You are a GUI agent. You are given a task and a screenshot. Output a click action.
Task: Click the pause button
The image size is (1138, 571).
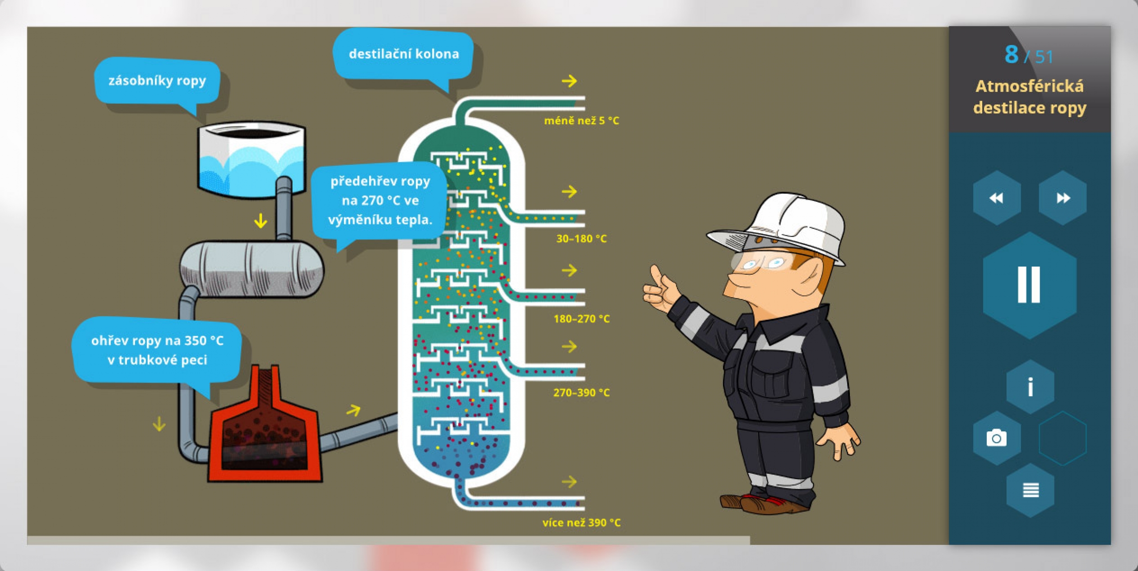1029,285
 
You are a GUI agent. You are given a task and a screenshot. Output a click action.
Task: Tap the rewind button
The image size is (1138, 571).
997,198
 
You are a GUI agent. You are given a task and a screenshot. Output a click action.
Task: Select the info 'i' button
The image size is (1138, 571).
1030,387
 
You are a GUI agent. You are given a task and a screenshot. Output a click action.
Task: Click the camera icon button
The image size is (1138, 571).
997,438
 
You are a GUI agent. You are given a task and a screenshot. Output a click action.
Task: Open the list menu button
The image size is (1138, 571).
1031,490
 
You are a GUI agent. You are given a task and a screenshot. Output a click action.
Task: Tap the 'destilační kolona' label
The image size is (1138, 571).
403,54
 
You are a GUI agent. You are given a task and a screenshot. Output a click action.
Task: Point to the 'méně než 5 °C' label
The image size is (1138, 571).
581,121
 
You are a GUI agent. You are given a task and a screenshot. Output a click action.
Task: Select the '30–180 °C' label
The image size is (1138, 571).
581,239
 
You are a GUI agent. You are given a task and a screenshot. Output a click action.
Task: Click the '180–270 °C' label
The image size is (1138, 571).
581,319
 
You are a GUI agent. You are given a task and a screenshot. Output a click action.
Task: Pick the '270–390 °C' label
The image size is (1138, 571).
581,393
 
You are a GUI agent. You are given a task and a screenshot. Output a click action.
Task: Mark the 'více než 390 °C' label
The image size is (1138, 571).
581,523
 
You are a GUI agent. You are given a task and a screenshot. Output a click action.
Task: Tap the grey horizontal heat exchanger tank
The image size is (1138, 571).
252,269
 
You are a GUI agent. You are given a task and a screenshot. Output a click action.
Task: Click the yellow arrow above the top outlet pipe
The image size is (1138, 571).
569,81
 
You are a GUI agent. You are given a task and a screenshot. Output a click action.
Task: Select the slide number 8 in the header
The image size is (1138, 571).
1012,55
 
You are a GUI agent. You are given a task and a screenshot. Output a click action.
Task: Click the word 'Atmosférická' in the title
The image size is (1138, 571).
1029,86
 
